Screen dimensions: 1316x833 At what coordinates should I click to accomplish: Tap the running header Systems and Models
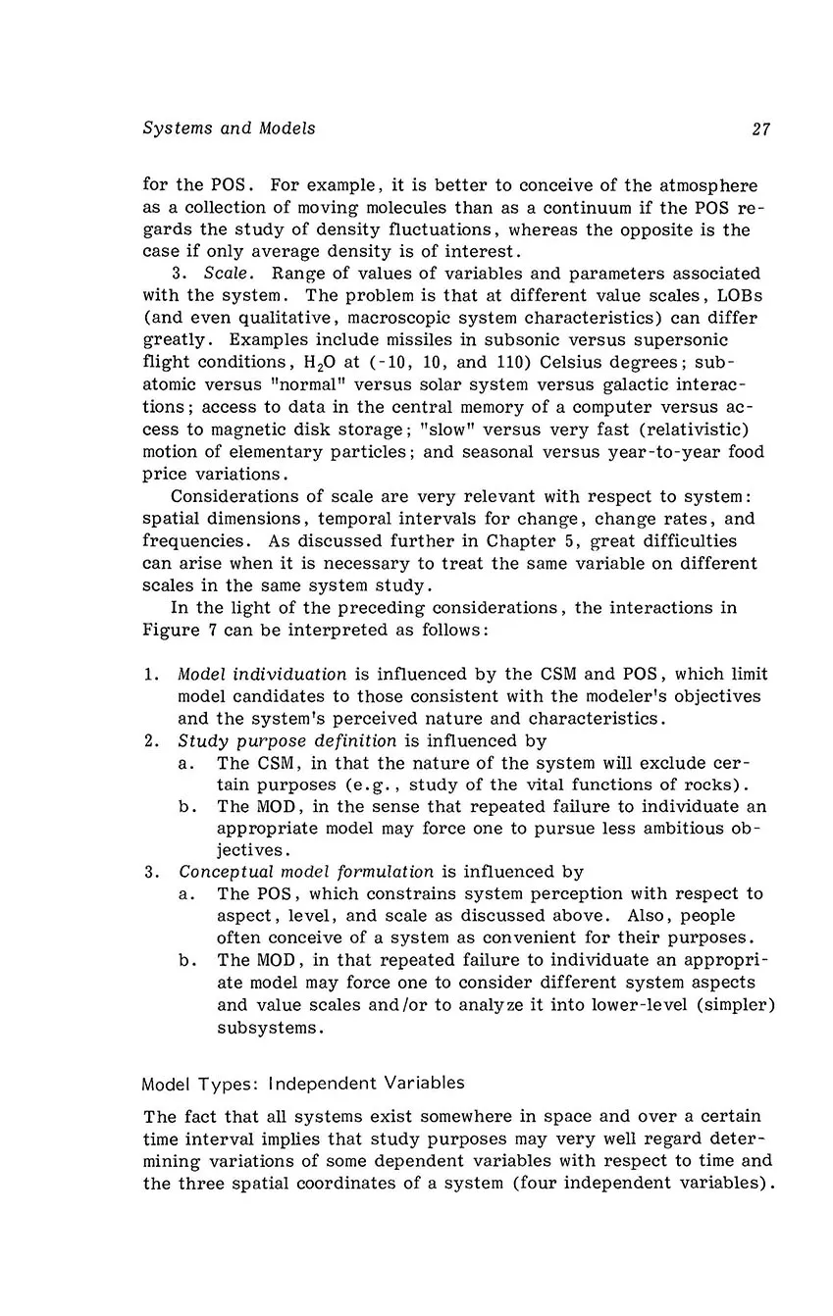pos(229,128)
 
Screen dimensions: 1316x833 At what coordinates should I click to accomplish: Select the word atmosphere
pos(707,186)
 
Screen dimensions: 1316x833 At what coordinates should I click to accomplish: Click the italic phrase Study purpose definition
pos(287,741)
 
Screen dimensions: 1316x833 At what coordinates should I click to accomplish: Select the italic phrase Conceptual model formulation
pos(306,872)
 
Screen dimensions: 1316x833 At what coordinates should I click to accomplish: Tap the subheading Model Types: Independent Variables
pos(303,1084)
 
